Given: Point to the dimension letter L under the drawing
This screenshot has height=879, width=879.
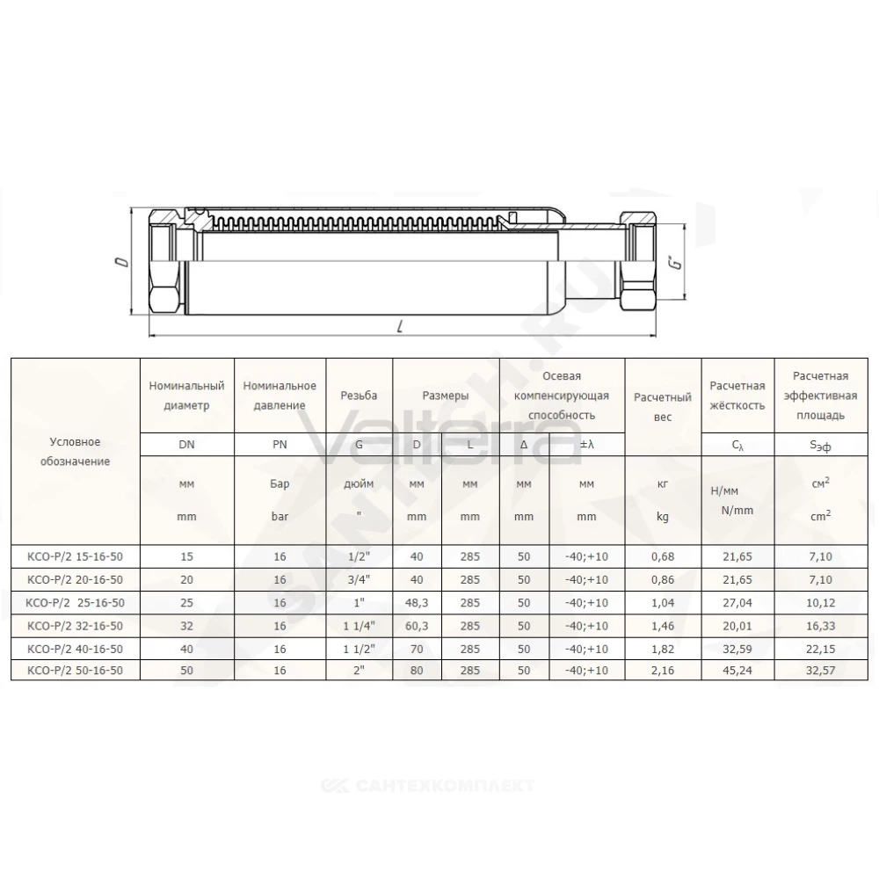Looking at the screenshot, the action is [x=399, y=326].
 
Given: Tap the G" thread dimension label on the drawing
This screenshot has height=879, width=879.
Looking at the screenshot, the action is [x=677, y=261].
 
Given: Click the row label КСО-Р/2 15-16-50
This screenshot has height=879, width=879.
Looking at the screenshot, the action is [x=75, y=556].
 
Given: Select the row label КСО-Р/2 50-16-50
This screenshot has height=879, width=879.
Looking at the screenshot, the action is [x=75, y=671].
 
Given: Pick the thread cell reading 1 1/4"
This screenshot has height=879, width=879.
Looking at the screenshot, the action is [x=360, y=626].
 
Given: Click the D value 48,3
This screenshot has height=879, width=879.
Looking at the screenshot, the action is [x=417, y=603].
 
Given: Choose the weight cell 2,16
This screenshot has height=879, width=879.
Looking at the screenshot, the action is [x=663, y=671].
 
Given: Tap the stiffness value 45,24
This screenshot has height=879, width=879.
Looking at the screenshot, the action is [x=737, y=671].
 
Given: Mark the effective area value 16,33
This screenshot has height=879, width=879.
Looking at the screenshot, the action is [x=821, y=626].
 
